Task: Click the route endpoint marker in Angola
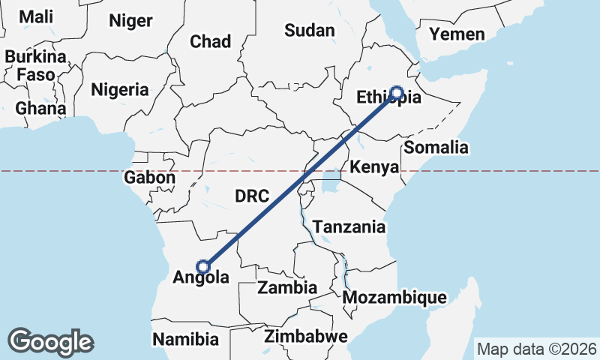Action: tap(202, 265)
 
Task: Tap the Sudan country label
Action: tap(309, 31)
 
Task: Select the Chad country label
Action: tap(210, 41)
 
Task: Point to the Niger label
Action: tap(130, 20)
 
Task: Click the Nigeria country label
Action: tap(120, 90)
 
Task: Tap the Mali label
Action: tap(36, 16)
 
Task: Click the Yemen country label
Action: tap(457, 34)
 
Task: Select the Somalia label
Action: tap(436, 147)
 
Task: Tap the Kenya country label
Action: tap(374, 166)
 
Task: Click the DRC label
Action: tap(252, 196)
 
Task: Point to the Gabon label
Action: tap(149, 178)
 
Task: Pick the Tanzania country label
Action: tap(349, 226)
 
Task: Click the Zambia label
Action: tap(286, 287)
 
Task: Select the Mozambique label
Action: tap(394, 298)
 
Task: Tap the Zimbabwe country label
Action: tap(305, 336)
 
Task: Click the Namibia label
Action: tap(185, 339)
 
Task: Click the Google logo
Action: tap(50, 342)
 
